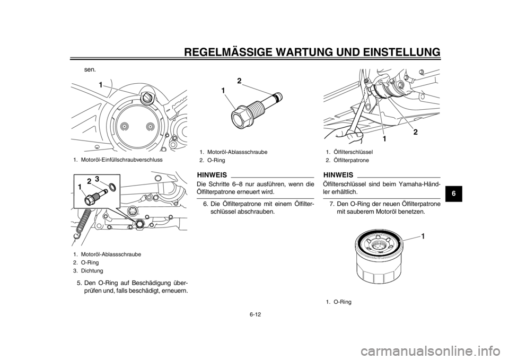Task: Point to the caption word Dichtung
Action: [x=92, y=271]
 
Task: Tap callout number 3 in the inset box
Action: [x=97, y=179]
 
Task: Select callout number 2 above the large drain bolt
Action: [x=239, y=81]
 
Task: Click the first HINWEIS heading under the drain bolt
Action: [x=212, y=175]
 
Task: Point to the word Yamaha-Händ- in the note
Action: [x=423, y=185]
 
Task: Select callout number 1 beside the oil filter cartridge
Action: [x=423, y=235]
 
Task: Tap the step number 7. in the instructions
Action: [x=332, y=204]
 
